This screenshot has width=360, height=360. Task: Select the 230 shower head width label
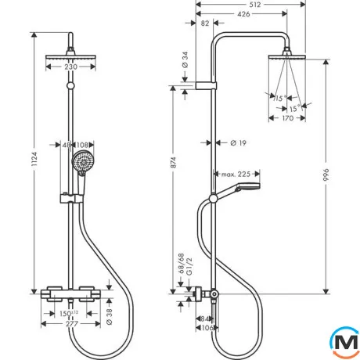pyautogui.click(x=70, y=67)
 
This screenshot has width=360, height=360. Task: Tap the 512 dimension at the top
pyautogui.click(x=254, y=5)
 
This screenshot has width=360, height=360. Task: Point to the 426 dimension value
pyautogui.click(x=243, y=14)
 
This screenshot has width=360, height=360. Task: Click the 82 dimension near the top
pyautogui.click(x=205, y=23)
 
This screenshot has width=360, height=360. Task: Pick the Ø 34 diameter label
pyautogui.click(x=185, y=60)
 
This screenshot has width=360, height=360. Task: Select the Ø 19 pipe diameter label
pyautogui.click(x=239, y=143)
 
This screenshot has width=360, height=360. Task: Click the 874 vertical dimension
pyautogui.click(x=173, y=163)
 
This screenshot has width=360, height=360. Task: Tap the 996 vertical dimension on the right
pyautogui.click(x=326, y=175)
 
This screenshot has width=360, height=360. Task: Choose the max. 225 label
pyautogui.click(x=236, y=174)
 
